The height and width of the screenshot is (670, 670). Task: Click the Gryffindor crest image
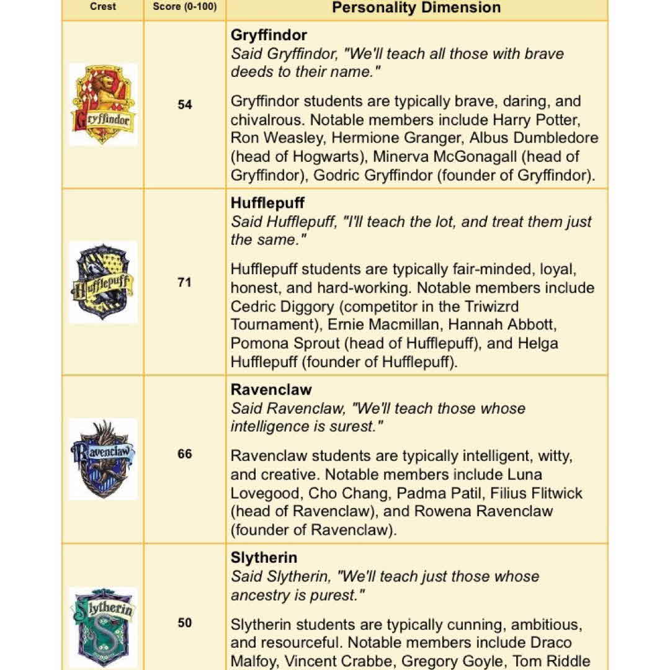[103, 104]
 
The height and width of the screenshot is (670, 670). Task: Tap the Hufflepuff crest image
[103, 282]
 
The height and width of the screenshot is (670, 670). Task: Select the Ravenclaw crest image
[103, 459]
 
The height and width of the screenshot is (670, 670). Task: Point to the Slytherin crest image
[103, 627]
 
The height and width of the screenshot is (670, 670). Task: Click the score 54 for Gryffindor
[185, 105]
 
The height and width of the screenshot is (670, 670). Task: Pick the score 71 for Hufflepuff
[185, 282]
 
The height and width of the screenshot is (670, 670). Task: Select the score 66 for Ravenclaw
[185, 454]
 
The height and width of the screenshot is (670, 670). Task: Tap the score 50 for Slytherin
[185, 623]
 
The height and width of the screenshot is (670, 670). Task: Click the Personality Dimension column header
[416, 8]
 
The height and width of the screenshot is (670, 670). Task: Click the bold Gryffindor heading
[269, 35]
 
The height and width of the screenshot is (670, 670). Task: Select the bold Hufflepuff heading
[267, 203]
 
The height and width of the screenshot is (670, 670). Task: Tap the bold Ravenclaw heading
[271, 390]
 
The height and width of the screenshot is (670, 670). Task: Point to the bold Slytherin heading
[264, 558]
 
